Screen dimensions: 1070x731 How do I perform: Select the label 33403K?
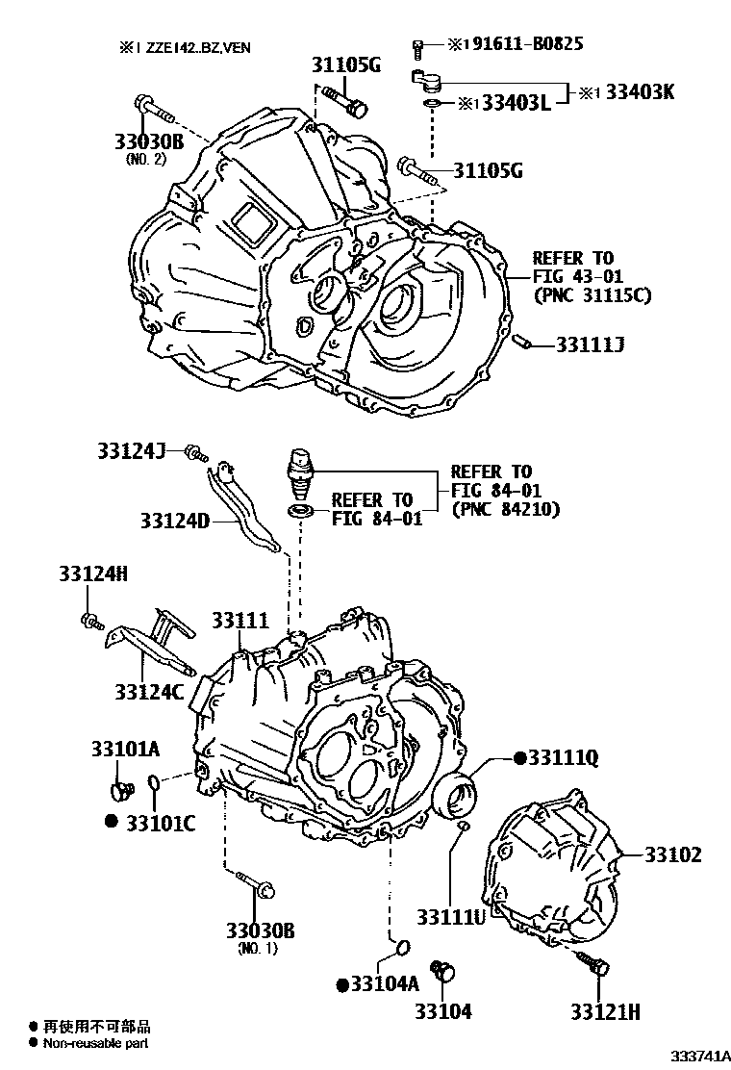pos(639,92)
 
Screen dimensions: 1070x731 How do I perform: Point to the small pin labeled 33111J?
pos(524,342)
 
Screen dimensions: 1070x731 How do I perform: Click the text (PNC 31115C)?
pos(592,295)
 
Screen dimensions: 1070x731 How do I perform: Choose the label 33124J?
pos(132,449)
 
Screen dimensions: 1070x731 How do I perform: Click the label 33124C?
pos(148,690)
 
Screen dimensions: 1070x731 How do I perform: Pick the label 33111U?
pos(451,915)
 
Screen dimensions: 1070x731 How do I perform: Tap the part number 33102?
pos(672,854)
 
